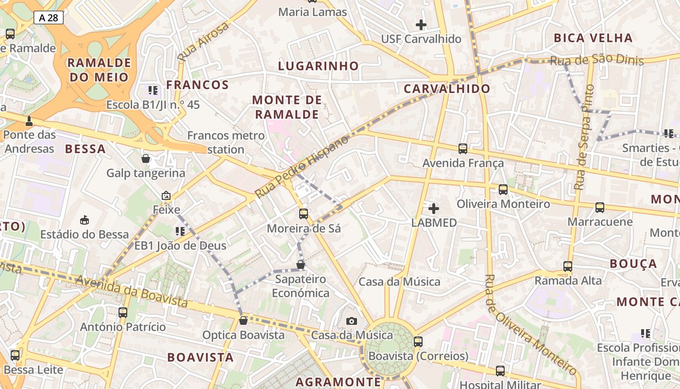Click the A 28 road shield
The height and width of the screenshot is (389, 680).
click(x=49, y=18)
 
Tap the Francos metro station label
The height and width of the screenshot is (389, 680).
click(x=226, y=142)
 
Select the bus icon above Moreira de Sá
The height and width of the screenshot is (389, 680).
click(x=304, y=213)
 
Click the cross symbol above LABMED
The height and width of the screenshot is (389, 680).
click(x=434, y=209)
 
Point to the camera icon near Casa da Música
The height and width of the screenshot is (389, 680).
click(x=352, y=321)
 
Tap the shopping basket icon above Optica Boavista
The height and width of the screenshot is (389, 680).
click(x=243, y=320)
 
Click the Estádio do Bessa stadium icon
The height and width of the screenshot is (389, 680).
click(x=85, y=220)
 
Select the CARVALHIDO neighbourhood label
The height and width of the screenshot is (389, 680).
click(x=447, y=88)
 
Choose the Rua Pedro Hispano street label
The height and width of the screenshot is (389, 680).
click(x=302, y=166)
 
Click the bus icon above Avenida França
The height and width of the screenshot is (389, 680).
click(x=463, y=149)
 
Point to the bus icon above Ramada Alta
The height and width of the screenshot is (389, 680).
click(x=568, y=266)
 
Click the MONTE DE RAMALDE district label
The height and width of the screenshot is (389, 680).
click(x=287, y=107)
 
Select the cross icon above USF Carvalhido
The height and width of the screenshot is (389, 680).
click(x=421, y=24)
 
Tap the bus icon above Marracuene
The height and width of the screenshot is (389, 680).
click(x=600, y=208)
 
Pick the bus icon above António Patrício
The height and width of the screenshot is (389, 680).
click(x=123, y=313)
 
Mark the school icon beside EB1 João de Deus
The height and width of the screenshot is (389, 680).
click(x=180, y=231)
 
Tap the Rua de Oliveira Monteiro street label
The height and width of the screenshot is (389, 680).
click(x=530, y=324)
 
